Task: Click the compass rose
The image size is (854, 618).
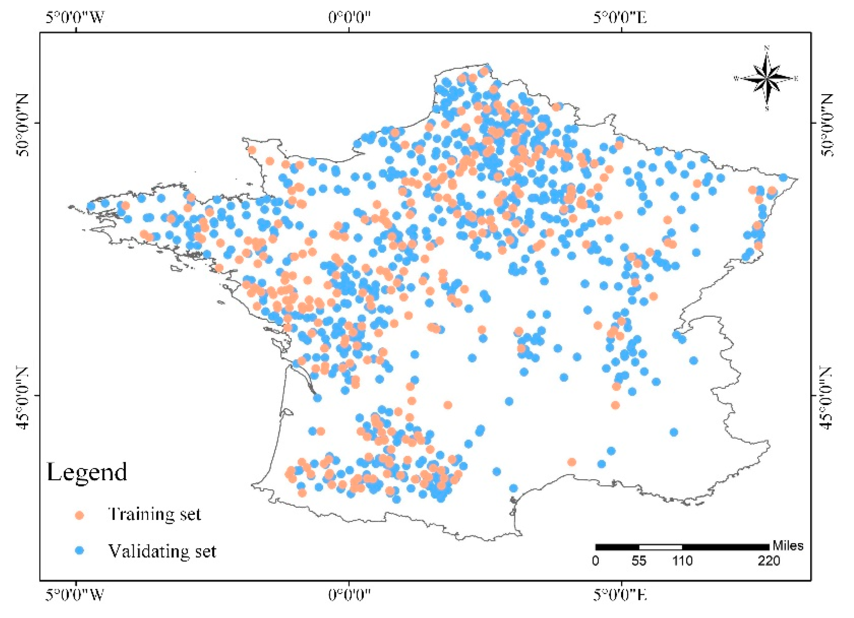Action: click(767, 79)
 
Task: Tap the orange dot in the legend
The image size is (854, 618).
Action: click(79, 515)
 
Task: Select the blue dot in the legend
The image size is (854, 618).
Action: click(79, 551)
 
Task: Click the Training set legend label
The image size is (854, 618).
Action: click(155, 514)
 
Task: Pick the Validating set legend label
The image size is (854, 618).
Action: click(162, 551)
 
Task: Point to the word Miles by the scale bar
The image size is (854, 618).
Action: click(788, 546)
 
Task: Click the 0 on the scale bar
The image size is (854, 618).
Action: click(595, 561)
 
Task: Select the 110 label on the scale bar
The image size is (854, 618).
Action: click(682, 561)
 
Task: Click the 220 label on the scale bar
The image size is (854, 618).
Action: click(769, 561)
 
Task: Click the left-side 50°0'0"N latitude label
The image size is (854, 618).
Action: click(23, 124)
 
